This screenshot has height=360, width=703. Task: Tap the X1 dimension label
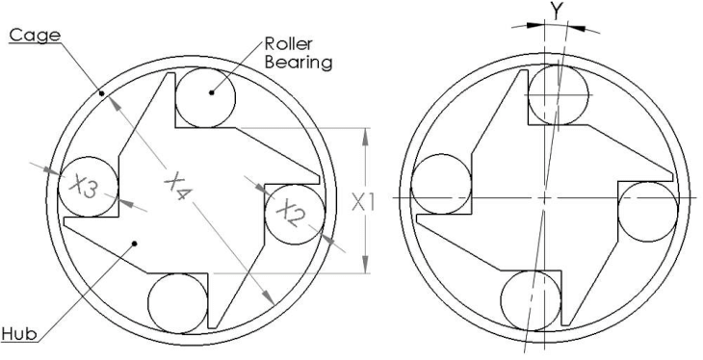[x=365, y=202]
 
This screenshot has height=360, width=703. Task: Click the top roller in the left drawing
[x=204, y=97]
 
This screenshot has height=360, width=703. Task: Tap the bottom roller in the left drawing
[x=177, y=303]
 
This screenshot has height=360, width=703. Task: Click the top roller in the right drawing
[x=558, y=95]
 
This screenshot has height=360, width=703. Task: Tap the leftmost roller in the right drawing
[x=440, y=184]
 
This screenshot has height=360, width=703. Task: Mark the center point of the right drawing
[x=544, y=197]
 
